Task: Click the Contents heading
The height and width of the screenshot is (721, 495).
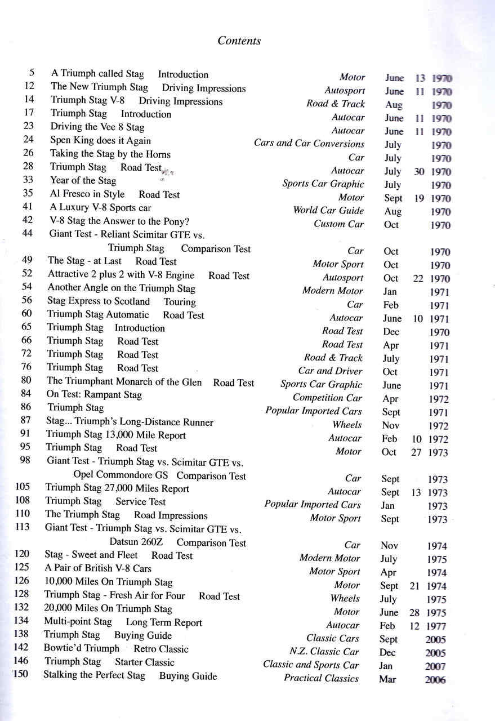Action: [239, 41]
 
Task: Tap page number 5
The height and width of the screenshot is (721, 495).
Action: [31, 73]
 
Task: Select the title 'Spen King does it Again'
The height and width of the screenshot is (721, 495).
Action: [100, 140]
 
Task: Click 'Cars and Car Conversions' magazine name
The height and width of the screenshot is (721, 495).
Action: [309, 144]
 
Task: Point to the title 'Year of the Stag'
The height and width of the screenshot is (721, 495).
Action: [83, 181]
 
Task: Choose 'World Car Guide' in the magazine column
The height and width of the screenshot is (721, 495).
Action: [328, 211]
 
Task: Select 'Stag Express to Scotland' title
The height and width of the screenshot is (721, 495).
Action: [99, 301]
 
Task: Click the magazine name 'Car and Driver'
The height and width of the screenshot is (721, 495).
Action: [330, 371]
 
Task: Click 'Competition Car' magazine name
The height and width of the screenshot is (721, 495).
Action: [327, 398]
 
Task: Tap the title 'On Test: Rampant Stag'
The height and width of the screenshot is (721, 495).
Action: [94, 395]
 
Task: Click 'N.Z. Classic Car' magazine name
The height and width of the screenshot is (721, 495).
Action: [324, 652]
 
